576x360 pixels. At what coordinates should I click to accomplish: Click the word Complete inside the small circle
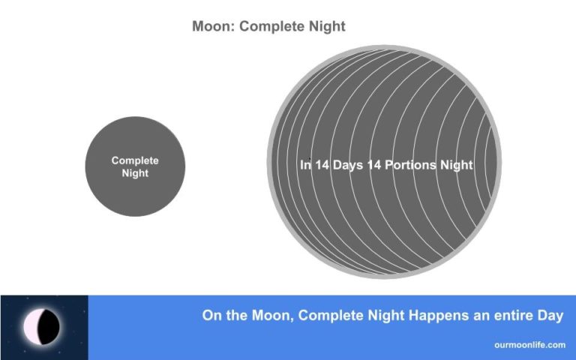point(135,160)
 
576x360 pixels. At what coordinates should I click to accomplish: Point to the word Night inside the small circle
point(135,173)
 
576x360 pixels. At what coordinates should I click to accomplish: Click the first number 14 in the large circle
point(323,165)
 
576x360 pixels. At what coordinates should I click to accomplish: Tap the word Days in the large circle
point(349,165)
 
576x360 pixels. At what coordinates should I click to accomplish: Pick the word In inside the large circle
point(305,165)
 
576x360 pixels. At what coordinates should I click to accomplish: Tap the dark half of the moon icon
point(49,328)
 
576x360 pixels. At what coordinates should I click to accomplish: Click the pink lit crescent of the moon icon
point(31,328)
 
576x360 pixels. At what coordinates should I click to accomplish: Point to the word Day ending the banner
point(550,316)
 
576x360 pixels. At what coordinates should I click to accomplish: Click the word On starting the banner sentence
point(211,316)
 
